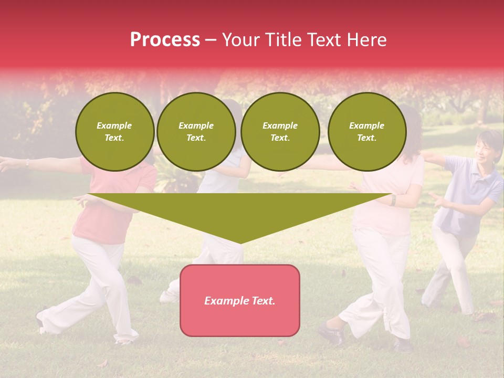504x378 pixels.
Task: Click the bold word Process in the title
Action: coord(165,40)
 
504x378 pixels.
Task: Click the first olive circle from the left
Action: coord(114,132)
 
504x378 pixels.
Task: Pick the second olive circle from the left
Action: coord(196,132)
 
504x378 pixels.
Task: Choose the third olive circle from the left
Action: coord(280,132)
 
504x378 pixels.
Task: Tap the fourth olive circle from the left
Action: coord(366,132)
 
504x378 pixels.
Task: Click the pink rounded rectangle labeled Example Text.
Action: coord(240,300)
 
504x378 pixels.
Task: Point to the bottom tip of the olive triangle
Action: coord(240,242)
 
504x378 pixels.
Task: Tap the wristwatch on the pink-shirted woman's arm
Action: coord(393,200)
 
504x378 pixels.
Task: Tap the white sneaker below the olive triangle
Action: coord(170,296)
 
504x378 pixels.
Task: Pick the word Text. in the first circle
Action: coord(114,138)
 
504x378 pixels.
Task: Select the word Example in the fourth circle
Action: coord(366,125)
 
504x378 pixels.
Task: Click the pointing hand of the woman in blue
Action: coord(436,198)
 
